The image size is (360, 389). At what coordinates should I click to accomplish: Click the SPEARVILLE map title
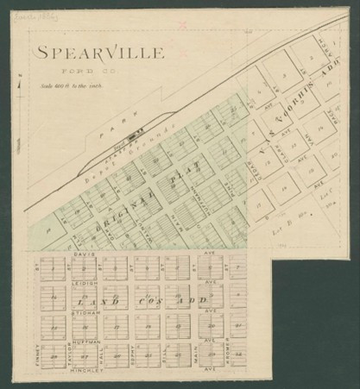[x=99, y=53]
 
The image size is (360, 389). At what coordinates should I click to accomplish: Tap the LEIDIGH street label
[x=83, y=281]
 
